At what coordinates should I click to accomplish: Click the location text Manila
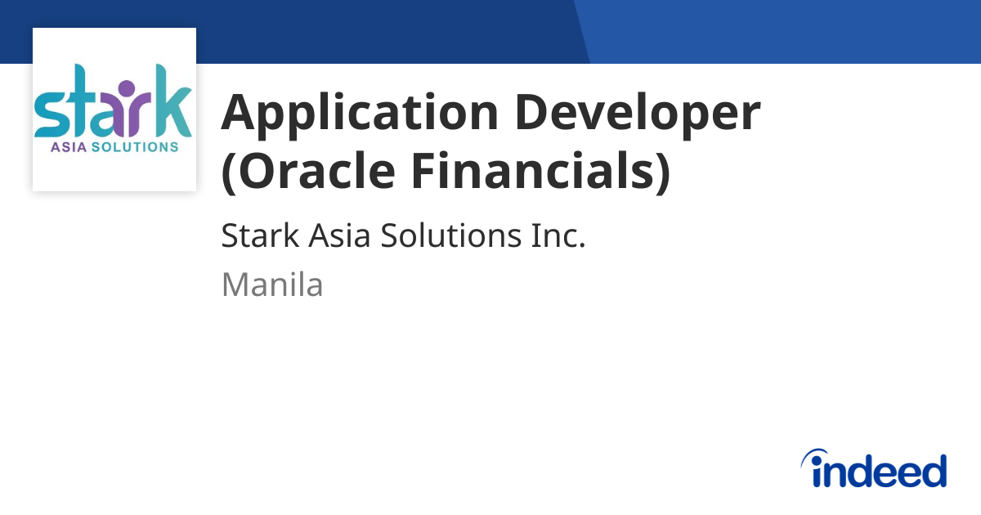pyautogui.click(x=272, y=285)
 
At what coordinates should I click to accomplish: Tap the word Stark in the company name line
pyautogui.click(x=260, y=237)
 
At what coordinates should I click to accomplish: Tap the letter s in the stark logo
pyautogui.click(x=51, y=115)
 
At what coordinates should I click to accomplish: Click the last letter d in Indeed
pyautogui.click(x=933, y=471)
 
